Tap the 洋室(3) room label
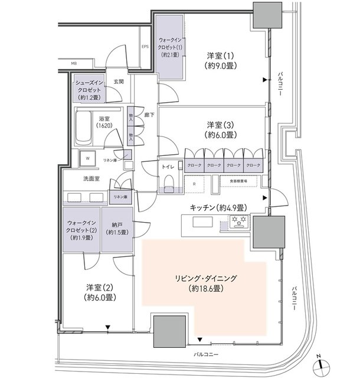[x=222, y=130]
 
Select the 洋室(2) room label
[x=100, y=292]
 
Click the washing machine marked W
[x=88, y=158]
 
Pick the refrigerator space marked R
[x=195, y=183]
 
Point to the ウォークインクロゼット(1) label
[x=171, y=47]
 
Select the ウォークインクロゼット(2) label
[x=82, y=228]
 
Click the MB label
[x=74, y=62]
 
